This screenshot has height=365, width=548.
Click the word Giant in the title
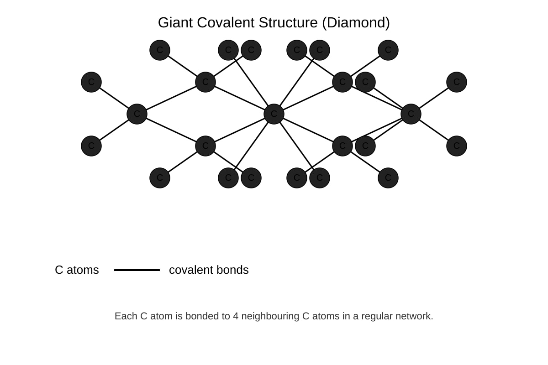175,23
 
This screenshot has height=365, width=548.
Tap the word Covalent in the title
226,23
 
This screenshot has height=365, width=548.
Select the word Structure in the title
288,23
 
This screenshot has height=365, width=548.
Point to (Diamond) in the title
356,23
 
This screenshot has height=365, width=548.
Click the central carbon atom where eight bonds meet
274,114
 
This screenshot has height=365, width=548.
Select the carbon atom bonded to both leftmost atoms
137,114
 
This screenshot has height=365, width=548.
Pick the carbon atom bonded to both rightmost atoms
411,114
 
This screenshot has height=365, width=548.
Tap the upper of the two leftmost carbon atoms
91,82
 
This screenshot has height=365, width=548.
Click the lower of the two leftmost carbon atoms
91,146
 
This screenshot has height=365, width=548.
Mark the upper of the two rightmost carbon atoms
457,82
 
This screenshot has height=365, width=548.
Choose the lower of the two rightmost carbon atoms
457,146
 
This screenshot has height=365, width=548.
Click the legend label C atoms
77,270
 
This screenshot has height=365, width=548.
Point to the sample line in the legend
137,270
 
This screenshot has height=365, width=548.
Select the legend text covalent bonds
209,270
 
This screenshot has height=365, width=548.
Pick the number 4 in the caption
236,316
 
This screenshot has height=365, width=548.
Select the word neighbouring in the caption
270,317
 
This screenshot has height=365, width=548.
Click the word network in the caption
413,316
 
